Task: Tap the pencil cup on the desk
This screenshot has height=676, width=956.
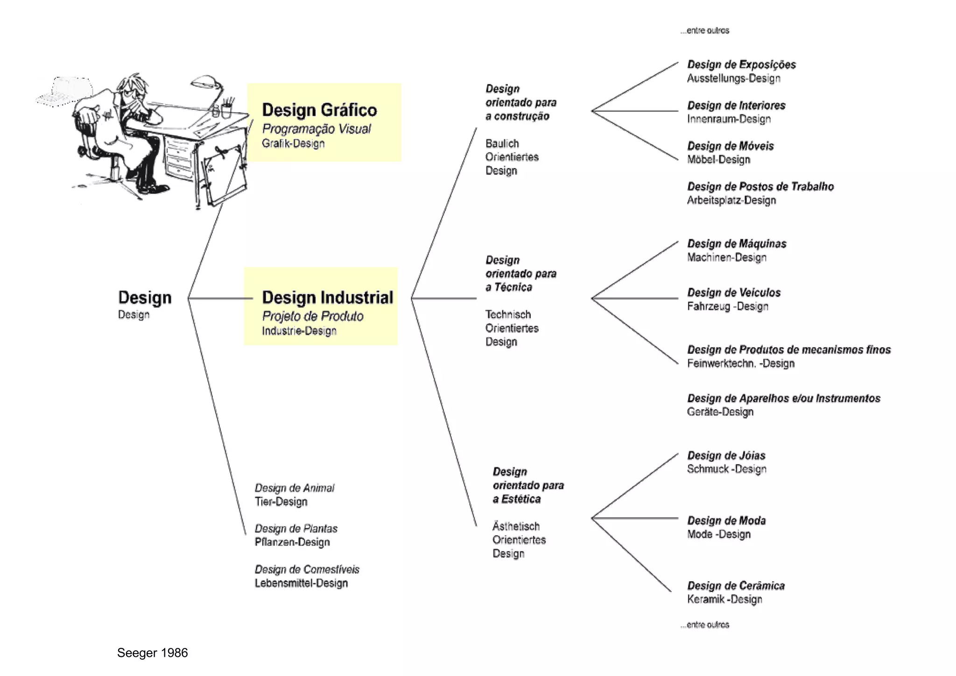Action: pos(226,110)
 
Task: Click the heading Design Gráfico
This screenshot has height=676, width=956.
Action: pos(319,110)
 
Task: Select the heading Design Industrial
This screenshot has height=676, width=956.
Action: pos(327,298)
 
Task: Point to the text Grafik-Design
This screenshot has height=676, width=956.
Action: pos(293,143)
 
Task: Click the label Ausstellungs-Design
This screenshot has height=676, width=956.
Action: pos(733,78)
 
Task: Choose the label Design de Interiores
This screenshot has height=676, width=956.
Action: pos(736,106)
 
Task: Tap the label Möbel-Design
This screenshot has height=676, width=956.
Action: pos(718,160)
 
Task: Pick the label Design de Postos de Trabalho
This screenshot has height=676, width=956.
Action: pos(760,187)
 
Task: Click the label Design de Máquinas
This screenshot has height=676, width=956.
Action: pos(737,244)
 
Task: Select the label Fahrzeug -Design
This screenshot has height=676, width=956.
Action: pos(727,306)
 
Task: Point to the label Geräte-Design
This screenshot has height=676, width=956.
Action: pos(720,412)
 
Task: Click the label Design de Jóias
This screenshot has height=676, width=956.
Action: pos(726,455)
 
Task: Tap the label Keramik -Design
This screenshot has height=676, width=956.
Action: pos(724,599)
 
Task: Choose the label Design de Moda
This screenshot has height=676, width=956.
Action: pos(726,521)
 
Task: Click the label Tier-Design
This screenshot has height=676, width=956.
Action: pos(281,502)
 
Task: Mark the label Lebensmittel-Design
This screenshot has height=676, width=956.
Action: pos(301,583)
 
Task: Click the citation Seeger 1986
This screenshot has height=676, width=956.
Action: pos(152,653)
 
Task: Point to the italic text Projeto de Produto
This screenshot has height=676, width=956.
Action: pos(313,316)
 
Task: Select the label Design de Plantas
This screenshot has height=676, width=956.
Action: pos(296,529)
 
